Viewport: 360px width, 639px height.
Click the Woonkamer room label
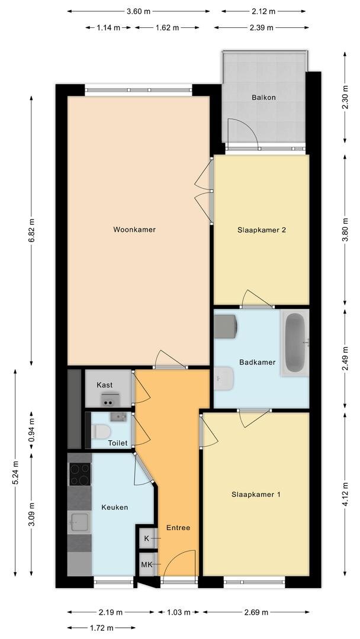134,230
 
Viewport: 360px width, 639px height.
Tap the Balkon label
263,98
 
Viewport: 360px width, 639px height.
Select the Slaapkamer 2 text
261,230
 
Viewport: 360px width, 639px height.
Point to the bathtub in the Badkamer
295,343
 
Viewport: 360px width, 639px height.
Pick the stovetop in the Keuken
79,475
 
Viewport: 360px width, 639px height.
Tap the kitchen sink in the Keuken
80,522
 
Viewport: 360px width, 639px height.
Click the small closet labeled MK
147,564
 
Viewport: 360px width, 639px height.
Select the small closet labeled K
147,538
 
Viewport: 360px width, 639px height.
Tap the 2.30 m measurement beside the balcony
345,97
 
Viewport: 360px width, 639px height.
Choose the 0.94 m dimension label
31,430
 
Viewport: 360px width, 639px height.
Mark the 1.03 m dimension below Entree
179,612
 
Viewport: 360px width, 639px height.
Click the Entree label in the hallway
178,527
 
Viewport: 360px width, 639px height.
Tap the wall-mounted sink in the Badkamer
224,378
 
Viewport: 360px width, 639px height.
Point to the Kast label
104,385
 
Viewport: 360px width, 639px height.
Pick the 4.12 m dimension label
345,494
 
